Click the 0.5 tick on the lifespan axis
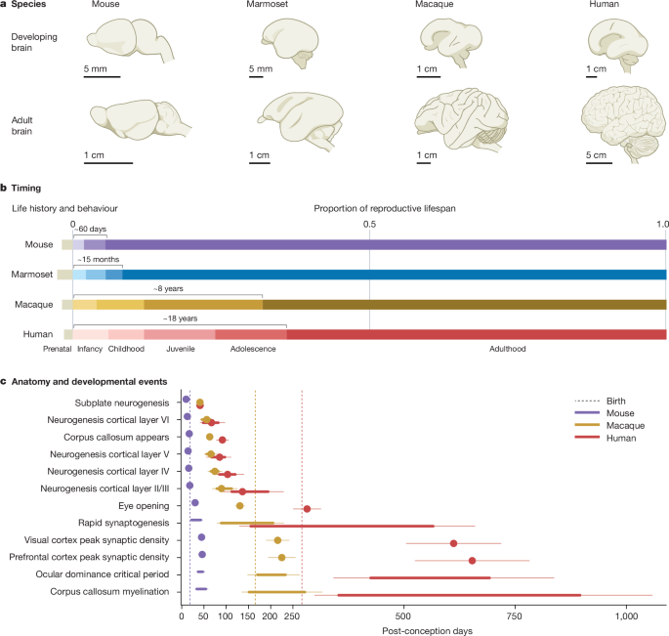coord(369,224)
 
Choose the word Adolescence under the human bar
coord(251,348)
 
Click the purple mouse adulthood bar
coord(386,244)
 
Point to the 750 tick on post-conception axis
coord(515,616)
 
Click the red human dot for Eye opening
coord(307,509)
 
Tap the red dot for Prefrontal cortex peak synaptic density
coord(472,561)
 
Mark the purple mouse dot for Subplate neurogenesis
coord(186,401)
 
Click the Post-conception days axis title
coord(424,630)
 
